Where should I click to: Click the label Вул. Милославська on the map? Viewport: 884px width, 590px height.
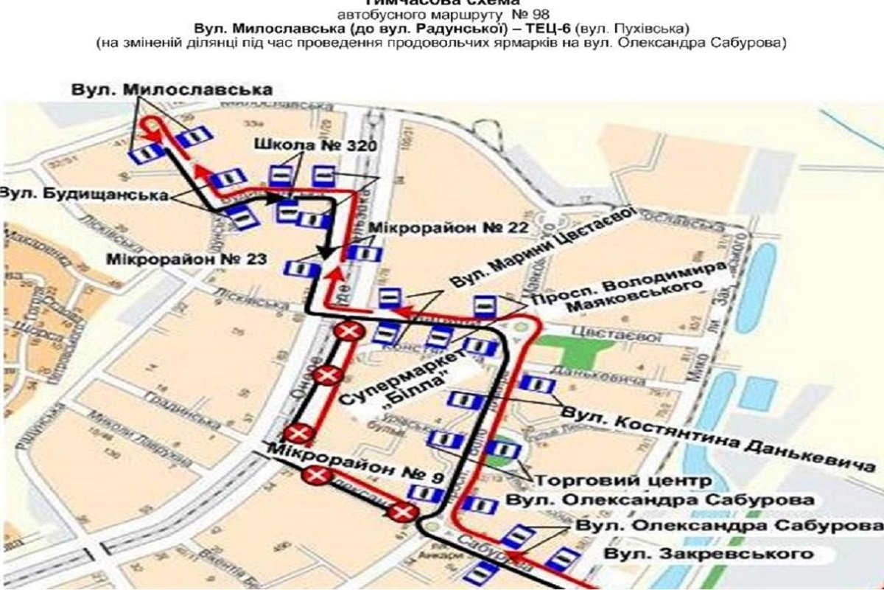pos(172,89)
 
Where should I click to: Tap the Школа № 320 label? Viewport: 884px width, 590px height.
pos(316,145)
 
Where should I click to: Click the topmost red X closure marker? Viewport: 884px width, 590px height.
pos(348,333)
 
